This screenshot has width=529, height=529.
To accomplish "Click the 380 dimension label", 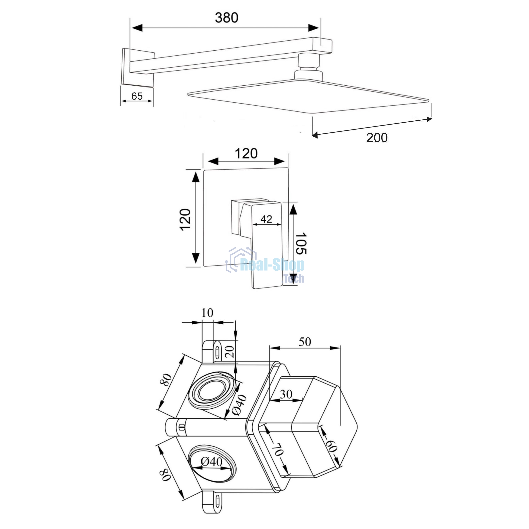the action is click(226, 18).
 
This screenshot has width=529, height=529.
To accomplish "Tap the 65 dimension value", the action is click(137, 96).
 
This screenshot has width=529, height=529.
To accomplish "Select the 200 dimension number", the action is click(377, 138).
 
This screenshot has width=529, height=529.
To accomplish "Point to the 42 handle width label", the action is click(266, 219).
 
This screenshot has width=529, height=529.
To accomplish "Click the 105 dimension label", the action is click(301, 243).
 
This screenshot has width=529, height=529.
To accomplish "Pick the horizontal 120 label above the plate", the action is click(246, 154).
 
